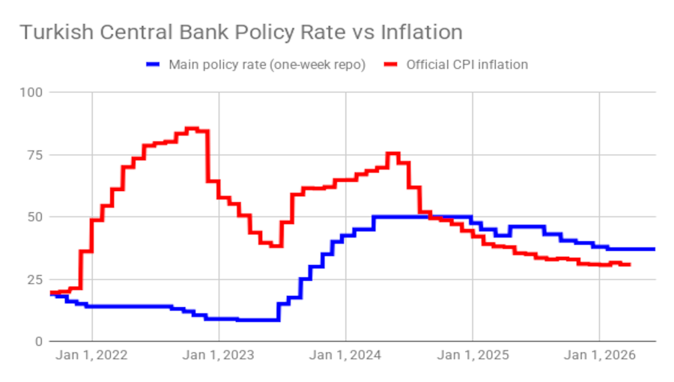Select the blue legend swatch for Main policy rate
click(x=154, y=64)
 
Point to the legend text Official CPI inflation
click(x=467, y=64)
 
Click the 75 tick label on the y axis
click(x=34, y=154)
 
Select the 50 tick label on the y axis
click(x=34, y=216)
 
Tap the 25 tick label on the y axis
click(x=34, y=279)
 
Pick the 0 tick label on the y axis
click(x=38, y=341)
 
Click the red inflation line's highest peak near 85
click(x=192, y=128)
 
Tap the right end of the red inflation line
click(x=629, y=264)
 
